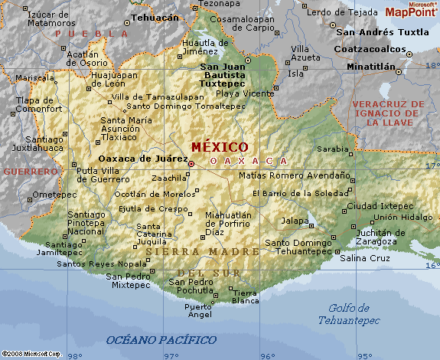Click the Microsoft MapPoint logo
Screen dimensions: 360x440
[411, 9]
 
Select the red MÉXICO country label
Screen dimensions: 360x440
[220, 146]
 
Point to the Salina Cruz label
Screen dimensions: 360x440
[365, 258]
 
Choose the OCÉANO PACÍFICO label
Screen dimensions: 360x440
[161, 339]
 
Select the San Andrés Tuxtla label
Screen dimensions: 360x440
[383, 32]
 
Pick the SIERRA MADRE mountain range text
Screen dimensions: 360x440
[192, 251]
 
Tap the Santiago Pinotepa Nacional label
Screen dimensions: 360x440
[85, 222]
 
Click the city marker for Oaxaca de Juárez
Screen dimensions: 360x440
[191, 162]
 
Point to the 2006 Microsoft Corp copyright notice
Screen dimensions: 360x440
[31, 354]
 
